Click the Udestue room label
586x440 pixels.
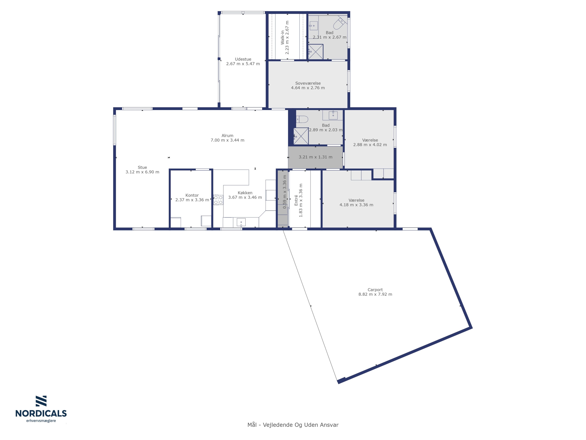(243, 59)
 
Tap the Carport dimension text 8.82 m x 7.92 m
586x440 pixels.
(375, 294)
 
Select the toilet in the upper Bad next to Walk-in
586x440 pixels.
(339, 23)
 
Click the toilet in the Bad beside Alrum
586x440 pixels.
(302, 119)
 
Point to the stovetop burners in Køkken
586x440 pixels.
(218, 200)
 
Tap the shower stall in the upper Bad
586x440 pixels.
(315, 52)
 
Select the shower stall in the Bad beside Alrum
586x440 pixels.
(301, 136)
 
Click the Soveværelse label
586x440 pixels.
(308, 83)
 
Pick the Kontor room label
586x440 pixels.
(192, 195)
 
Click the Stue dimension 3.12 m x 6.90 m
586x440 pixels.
(142, 172)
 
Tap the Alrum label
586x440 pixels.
(227, 136)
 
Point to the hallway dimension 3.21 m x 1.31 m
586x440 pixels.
(315, 157)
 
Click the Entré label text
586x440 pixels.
(296, 200)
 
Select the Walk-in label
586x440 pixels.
(282, 37)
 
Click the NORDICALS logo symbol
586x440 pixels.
(41, 401)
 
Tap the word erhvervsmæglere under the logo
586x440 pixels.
(41, 421)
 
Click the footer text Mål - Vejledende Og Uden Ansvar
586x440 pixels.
(293, 425)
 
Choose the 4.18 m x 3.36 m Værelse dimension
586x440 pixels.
(356, 205)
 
